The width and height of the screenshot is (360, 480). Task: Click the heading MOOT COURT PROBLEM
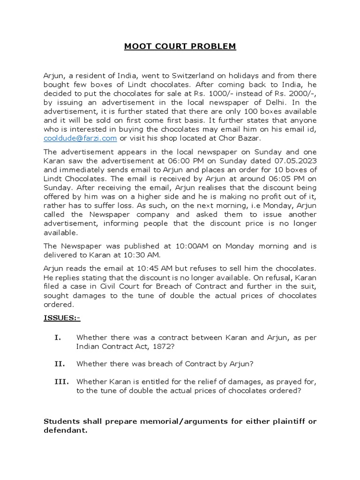click(180, 46)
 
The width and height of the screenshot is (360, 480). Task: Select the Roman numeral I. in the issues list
click(58, 337)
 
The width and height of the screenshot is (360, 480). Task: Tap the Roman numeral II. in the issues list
click(60, 363)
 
